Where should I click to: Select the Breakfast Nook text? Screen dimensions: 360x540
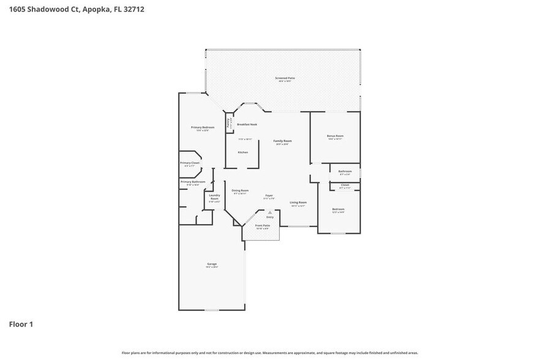pyautogui.click(x=247, y=124)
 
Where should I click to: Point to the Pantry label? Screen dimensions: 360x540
pyautogui.click(x=228, y=122)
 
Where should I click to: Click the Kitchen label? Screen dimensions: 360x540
pyautogui.click(x=242, y=152)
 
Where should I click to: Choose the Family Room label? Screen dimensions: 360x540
pyautogui.click(x=282, y=141)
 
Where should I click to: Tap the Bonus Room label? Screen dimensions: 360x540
pyautogui.click(x=335, y=136)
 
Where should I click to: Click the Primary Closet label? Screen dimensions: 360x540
pyautogui.click(x=189, y=163)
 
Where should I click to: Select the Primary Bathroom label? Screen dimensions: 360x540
pyautogui.click(x=192, y=182)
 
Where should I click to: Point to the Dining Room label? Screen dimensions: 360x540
pyautogui.click(x=240, y=190)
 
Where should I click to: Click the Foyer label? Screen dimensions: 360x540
pyautogui.click(x=269, y=195)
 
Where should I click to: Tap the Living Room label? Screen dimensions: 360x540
pyautogui.click(x=298, y=202)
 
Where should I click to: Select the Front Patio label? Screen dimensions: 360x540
pyautogui.click(x=262, y=225)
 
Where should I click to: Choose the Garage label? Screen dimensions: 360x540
pyautogui.click(x=212, y=264)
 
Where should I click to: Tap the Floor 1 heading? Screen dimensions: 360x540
pyautogui.click(x=20, y=324)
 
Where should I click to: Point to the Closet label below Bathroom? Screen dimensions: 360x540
pyautogui.click(x=345, y=184)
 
